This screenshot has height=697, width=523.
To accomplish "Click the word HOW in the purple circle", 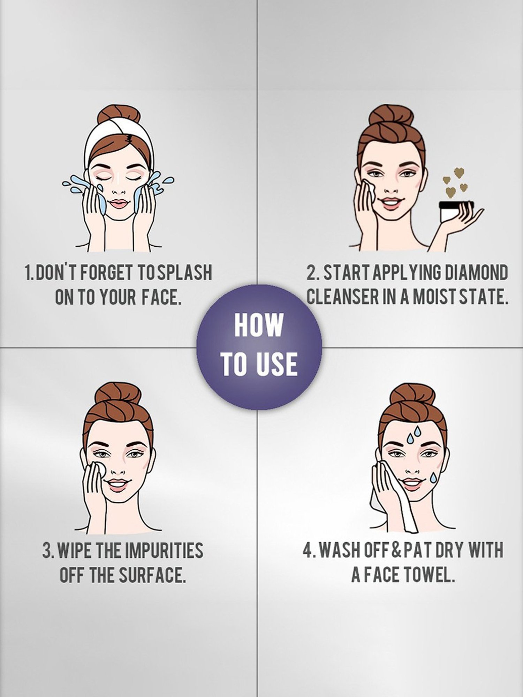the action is tap(258, 326).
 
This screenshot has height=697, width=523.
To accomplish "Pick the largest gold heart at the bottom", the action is tap(452, 191).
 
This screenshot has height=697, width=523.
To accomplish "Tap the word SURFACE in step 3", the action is tap(151, 575).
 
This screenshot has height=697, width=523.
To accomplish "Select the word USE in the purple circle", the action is tap(279, 364).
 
